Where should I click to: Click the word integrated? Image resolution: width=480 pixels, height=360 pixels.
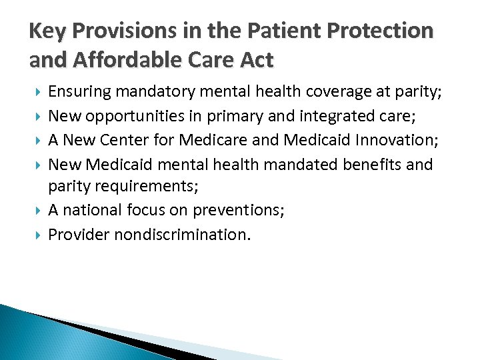coord(339,117)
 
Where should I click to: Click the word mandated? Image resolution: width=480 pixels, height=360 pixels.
coord(301,164)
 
